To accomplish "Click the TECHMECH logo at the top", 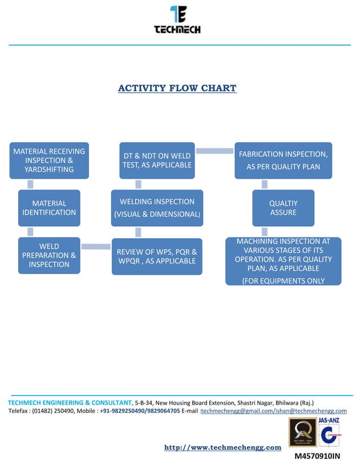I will [x=177, y=20].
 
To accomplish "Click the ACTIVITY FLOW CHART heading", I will [x=177, y=88].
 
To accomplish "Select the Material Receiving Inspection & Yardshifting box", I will [x=49, y=160].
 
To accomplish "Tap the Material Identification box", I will [x=49, y=208].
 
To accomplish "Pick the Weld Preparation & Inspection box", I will [x=49, y=255].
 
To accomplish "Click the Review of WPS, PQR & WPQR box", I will [x=157, y=256].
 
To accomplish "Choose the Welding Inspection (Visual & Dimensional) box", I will [x=157, y=208].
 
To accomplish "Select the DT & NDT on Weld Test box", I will [x=157, y=160].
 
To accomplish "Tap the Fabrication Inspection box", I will [x=283, y=160].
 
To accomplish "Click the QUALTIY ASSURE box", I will [x=283, y=208].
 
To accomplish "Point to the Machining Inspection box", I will [x=283, y=261].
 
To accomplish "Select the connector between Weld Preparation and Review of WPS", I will [x=95, y=246].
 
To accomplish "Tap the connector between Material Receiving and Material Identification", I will [x=30, y=184].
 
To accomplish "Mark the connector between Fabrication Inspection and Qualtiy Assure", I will [x=264, y=184].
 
